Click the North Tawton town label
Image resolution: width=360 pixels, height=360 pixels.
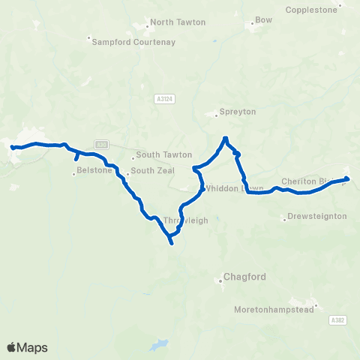tap(178, 22)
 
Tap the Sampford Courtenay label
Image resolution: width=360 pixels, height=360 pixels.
tap(133, 42)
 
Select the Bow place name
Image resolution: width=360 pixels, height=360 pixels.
tap(264, 20)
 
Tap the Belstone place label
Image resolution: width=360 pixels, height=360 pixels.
tap(95, 171)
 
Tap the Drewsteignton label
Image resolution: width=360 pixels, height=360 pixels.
tap(317, 217)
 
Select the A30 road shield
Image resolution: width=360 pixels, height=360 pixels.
tap(102, 144)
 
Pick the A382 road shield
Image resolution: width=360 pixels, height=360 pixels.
tap(337, 319)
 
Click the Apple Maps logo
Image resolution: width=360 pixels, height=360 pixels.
tap(27, 347)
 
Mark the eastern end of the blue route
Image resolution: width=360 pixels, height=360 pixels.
tap(346, 178)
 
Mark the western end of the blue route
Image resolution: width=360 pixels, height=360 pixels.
tap(13, 148)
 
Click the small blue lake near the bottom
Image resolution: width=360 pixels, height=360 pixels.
tap(158, 346)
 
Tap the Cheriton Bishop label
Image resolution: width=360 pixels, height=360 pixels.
tap(306, 181)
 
